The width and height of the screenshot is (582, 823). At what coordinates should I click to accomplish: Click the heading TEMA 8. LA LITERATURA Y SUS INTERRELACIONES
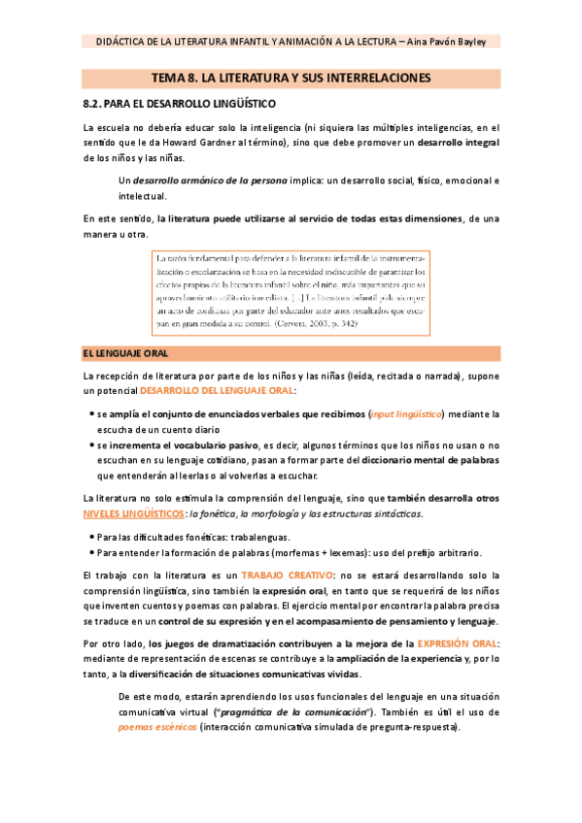tap(291, 77)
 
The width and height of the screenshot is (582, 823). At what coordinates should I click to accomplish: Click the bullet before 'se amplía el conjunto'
tap(90, 387)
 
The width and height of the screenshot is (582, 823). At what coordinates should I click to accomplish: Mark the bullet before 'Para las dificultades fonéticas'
tap(90, 536)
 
